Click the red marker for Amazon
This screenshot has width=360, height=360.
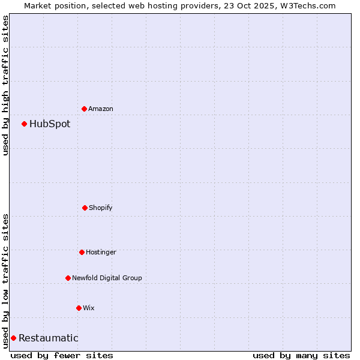pos(84,109)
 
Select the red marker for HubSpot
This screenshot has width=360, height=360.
pos(24,124)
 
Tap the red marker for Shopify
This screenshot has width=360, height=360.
pos(85,208)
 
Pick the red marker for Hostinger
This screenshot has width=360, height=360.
pos(82,252)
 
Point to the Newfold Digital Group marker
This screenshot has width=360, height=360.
pos(68,278)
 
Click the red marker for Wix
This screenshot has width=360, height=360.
pos(79,308)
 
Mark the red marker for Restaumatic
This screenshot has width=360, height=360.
pos(13,338)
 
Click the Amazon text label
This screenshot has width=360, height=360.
pos(101,109)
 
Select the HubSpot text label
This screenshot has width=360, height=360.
pos(50,124)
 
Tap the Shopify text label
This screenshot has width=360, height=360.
pos(101,208)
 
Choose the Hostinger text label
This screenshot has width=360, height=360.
pos(101,252)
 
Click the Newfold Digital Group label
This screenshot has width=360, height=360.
pos(107,278)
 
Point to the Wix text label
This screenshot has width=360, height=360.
pos(89,308)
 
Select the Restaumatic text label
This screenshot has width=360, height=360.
pos(49,338)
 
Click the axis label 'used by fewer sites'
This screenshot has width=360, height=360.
pos(62,355)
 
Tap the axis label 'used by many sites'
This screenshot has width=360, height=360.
pos(301,355)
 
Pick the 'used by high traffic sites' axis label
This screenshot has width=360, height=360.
pos(5,85)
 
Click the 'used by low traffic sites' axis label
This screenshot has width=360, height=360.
pos(5,280)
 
